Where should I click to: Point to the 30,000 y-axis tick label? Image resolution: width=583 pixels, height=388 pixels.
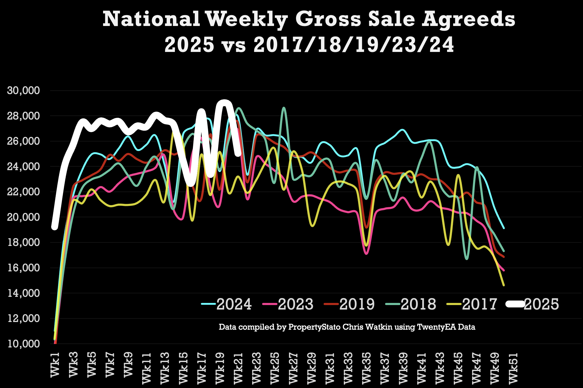pyautogui.click(x=23, y=91)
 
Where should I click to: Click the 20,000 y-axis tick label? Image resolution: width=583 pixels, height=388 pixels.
pyautogui.click(x=23, y=217)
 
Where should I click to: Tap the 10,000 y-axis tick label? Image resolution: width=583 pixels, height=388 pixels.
pyautogui.click(x=23, y=344)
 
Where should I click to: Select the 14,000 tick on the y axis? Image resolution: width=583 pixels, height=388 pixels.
pyautogui.click(x=23, y=293)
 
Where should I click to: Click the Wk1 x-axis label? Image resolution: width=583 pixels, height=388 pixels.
pyautogui.click(x=55, y=364)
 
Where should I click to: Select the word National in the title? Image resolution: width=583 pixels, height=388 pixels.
pyautogui.click(x=151, y=19)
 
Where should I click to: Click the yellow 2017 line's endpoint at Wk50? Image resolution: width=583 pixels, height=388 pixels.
pyautogui.click(x=503, y=285)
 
